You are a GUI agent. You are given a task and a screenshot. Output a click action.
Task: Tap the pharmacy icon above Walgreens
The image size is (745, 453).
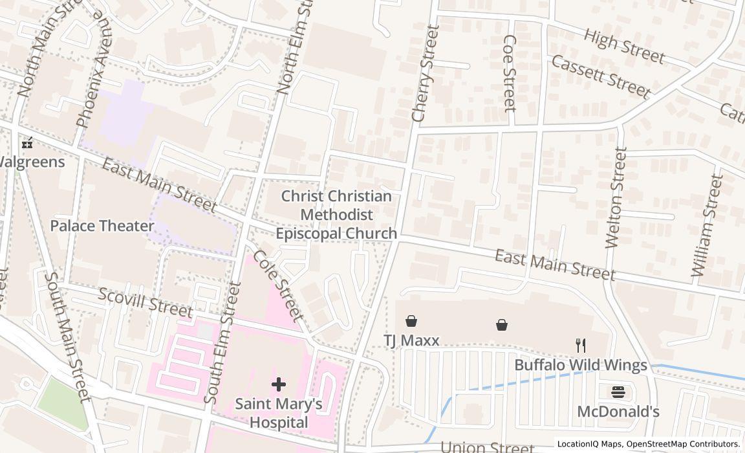[x=27, y=144]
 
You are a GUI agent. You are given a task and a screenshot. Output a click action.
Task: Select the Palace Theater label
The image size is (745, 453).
[x=102, y=226]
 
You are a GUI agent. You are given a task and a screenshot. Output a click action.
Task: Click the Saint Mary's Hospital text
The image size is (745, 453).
[x=278, y=413]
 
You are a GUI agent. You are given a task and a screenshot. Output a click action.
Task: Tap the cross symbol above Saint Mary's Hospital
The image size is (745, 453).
[x=279, y=385]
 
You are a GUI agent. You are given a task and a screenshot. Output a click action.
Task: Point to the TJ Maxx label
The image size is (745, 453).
[x=411, y=340]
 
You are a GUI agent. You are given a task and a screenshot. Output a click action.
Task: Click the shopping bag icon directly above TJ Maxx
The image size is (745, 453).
[x=411, y=321]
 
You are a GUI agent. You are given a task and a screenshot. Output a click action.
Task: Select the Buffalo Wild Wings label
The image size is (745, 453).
[x=580, y=365]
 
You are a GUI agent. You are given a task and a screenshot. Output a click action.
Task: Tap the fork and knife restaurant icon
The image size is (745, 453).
[x=581, y=346]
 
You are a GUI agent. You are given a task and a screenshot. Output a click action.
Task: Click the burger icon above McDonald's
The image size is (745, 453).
[x=618, y=392]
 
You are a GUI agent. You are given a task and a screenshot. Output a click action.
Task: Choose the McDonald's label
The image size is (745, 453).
[x=618, y=412]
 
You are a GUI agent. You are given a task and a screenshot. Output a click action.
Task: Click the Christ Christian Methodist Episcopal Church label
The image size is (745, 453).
[x=336, y=215]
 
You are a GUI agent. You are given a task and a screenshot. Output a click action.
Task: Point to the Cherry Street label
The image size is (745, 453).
[x=425, y=73]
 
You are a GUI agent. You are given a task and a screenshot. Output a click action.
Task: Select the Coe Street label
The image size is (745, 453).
[x=510, y=73]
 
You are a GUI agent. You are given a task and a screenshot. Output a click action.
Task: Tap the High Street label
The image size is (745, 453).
[x=623, y=47]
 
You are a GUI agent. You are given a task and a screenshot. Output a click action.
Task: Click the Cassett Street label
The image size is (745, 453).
[x=600, y=76]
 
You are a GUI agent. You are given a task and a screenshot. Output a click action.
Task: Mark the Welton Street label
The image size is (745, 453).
[x=616, y=197]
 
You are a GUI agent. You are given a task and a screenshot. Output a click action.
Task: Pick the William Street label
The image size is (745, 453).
[x=706, y=226]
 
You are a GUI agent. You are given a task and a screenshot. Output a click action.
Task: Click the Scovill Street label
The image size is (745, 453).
[x=145, y=302]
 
